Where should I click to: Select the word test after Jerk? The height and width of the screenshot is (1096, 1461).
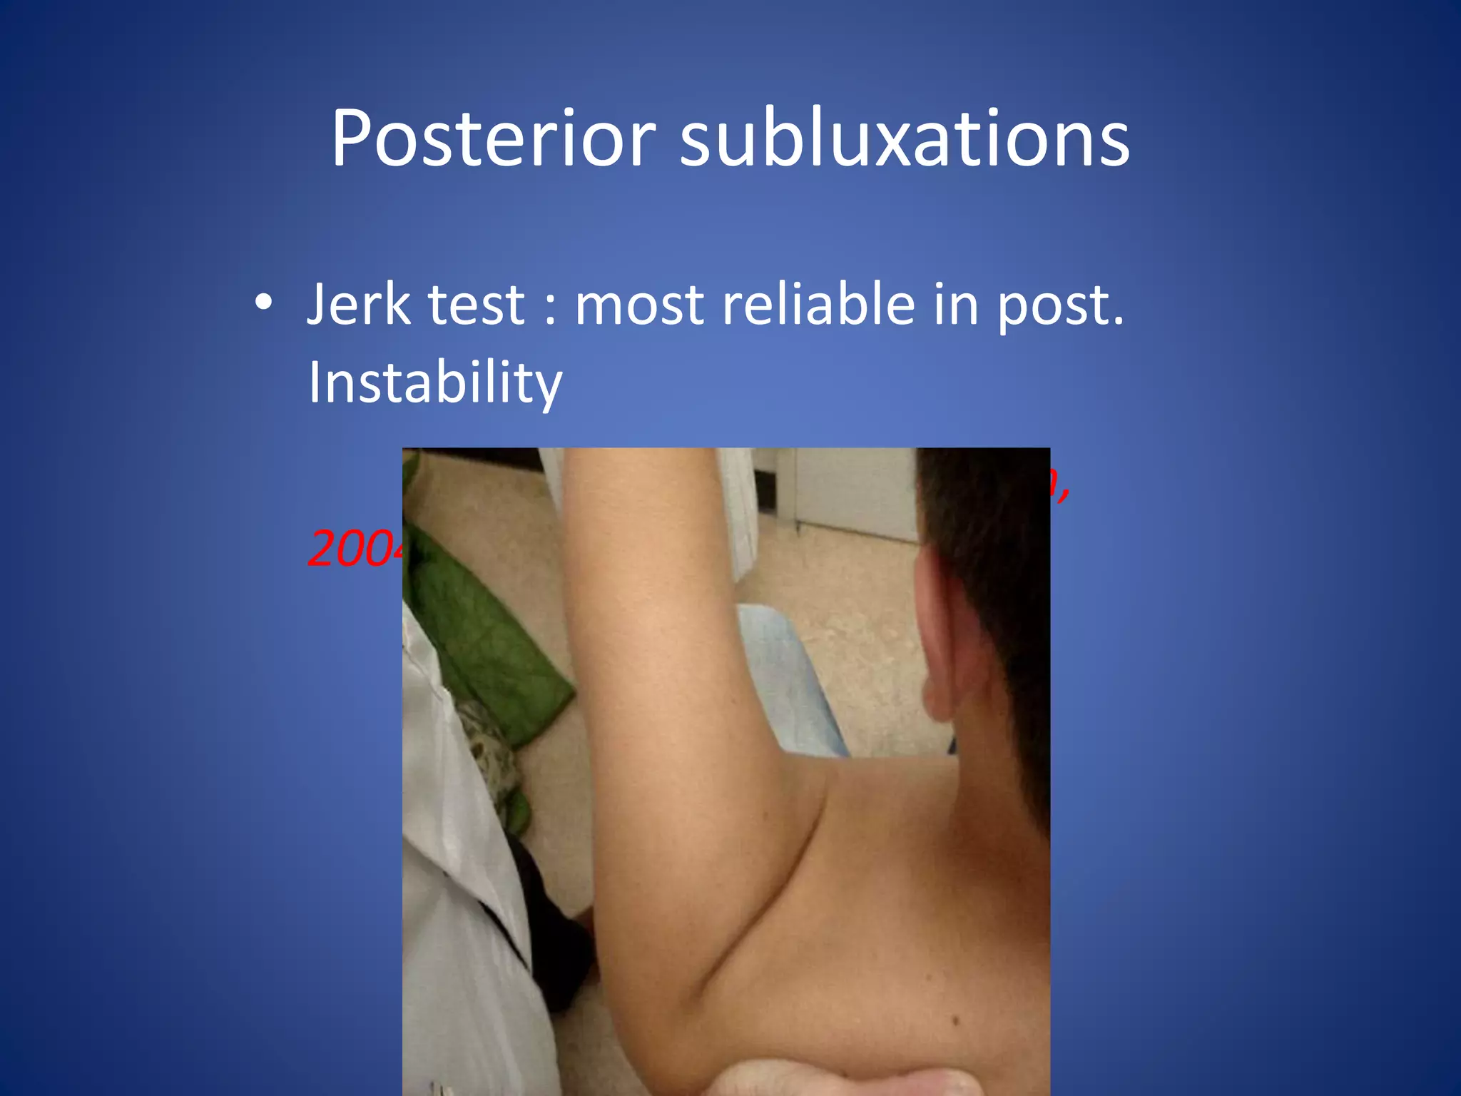[476, 305]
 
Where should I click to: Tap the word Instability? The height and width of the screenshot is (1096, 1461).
[435, 383]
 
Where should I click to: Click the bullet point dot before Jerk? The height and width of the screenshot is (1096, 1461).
[264, 303]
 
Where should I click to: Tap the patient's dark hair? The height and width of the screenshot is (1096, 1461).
[992, 542]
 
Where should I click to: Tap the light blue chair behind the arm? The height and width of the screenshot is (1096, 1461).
[792, 678]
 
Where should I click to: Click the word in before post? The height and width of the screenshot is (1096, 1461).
[956, 305]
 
